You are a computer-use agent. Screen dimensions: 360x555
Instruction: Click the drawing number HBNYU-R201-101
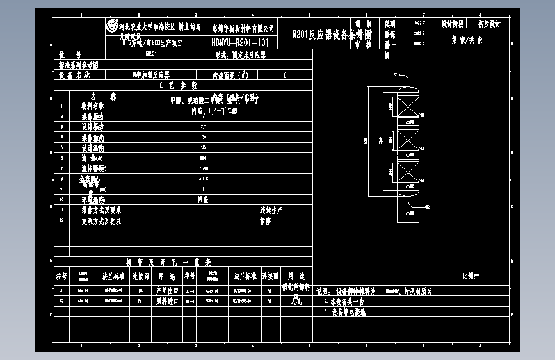coord(244,42)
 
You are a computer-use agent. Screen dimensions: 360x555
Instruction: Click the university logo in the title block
coord(112,28)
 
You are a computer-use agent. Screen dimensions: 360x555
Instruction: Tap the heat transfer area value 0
coord(284,75)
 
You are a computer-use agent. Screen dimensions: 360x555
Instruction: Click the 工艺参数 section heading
coord(177,85)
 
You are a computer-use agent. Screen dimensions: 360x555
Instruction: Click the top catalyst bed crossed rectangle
coord(406,106)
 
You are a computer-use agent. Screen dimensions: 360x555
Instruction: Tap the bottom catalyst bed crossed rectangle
coord(406,174)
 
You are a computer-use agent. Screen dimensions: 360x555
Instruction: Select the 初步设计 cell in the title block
coord(490,24)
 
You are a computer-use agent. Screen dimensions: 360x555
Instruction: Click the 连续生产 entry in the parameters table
coord(271,210)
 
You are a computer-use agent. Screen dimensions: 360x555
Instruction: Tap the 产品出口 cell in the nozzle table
coord(166,290)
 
